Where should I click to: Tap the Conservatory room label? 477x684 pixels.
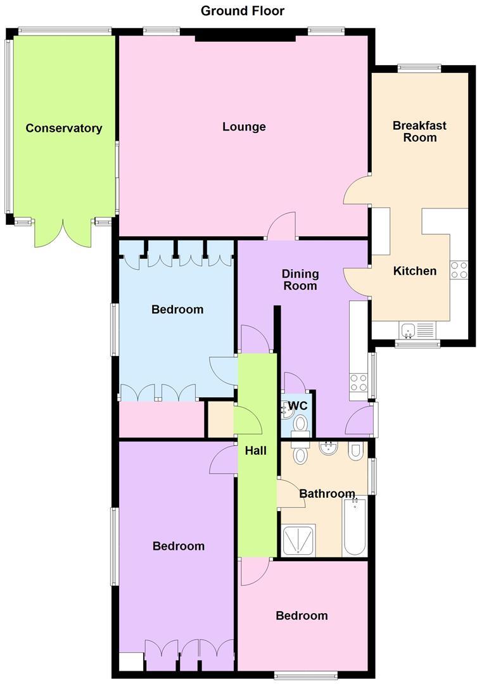[63, 129]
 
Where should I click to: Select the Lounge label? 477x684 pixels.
[244, 127]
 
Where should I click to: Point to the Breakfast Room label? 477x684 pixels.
[419, 131]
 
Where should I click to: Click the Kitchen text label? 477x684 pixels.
[415, 271]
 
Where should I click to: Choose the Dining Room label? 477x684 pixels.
[300, 280]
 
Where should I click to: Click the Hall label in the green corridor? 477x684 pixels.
[256, 451]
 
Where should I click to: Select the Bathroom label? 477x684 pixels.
[327, 493]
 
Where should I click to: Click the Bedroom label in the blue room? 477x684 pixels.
[177, 310]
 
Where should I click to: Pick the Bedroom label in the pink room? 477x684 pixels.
[302, 616]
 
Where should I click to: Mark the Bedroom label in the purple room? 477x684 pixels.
[179, 546]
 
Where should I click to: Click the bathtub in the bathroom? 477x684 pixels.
[354, 526]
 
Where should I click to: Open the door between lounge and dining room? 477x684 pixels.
[281, 227]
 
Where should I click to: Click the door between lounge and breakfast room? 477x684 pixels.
[357, 190]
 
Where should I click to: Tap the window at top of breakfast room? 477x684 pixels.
[419, 68]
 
